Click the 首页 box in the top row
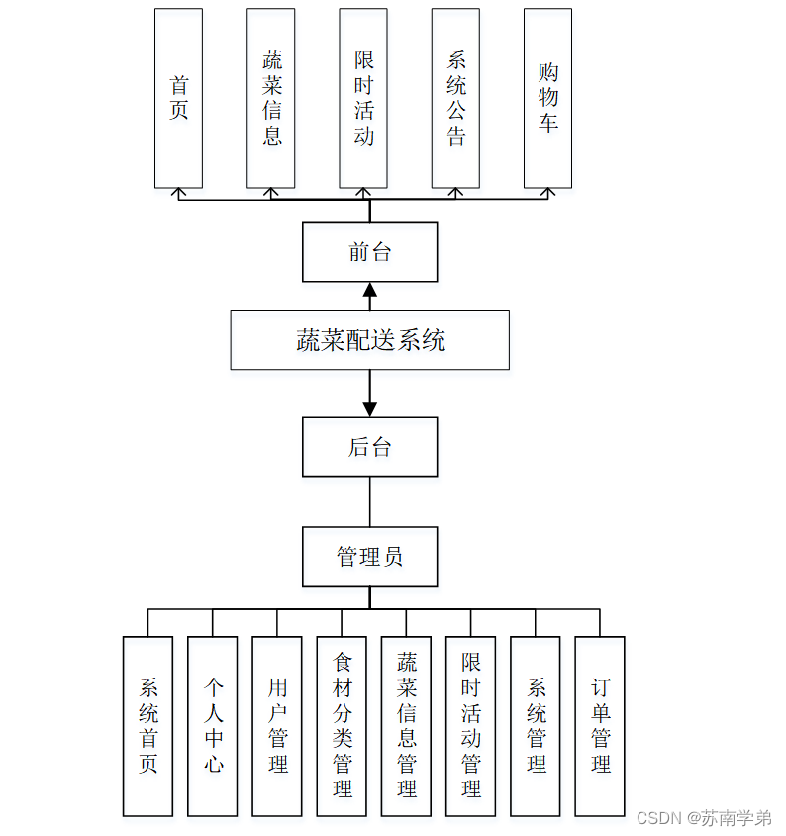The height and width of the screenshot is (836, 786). tap(178, 98)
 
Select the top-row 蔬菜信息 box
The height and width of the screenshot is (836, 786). tap(270, 98)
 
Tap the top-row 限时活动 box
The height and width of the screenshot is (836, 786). tap(363, 98)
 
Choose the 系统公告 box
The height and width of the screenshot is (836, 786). tap(455, 98)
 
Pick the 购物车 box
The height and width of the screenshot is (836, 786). tap(547, 98)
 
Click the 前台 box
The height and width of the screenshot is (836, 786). tap(369, 252)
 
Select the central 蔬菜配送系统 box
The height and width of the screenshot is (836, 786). tap(369, 340)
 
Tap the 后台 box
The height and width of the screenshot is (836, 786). tap(369, 447)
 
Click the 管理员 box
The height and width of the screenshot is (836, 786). tap(369, 556)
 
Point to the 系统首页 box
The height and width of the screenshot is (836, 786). tap(147, 726)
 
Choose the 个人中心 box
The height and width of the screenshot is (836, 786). tap(212, 726)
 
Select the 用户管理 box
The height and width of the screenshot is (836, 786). tap(277, 726)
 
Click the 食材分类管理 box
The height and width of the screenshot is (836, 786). tap(342, 726)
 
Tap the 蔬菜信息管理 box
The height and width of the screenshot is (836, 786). tap(406, 726)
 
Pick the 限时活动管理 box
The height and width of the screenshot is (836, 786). tap(470, 726)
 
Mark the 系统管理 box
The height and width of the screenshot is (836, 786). tap(536, 726)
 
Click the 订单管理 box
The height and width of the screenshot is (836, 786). tap(600, 726)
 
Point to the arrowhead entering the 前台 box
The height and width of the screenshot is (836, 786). tap(370, 290)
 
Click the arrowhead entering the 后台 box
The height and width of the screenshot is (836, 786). tap(370, 408)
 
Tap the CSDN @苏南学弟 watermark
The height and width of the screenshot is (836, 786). tap(704, 818)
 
